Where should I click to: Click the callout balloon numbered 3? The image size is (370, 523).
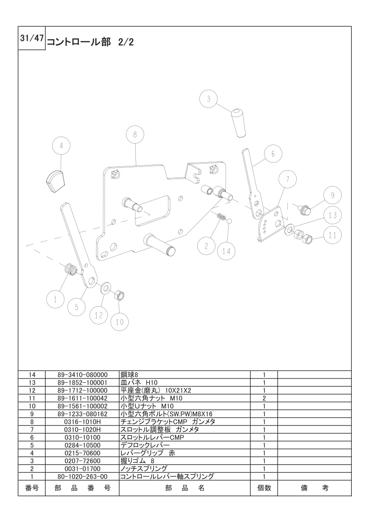208,99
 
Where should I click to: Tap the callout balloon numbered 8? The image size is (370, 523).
135,135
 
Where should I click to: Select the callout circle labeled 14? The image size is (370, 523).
226,251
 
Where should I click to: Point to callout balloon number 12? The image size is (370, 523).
98,315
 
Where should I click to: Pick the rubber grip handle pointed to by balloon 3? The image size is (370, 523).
239,123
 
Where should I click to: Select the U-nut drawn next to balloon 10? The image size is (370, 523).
119,296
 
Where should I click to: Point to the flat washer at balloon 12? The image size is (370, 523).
106,286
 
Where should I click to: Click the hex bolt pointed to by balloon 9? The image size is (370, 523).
304,210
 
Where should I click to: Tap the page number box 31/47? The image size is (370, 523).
32,38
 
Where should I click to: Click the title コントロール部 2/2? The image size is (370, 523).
91,42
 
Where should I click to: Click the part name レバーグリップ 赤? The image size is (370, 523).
147,453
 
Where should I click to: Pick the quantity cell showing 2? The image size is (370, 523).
264,398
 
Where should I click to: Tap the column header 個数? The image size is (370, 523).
264,488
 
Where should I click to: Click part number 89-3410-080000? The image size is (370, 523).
82,375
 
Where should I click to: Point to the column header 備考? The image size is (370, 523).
314,488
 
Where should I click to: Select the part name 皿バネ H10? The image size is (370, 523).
139,382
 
